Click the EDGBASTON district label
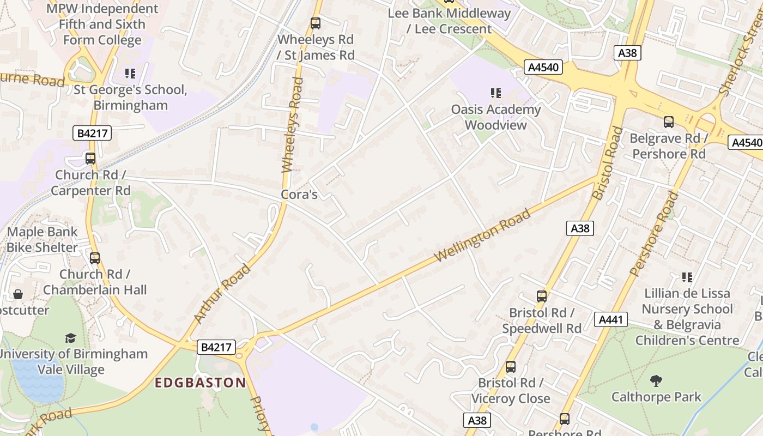click(x=200, y=383)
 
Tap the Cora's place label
click(x=299, y=195)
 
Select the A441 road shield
click(x=611, y=320)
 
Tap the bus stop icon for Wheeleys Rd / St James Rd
click(x=316, y=23)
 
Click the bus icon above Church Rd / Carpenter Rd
click(x=90, y=159)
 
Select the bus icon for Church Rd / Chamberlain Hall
click(x=95, y=258)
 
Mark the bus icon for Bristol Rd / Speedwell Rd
click(x=542, y=296)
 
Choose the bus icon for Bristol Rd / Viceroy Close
click(x=511, y=367)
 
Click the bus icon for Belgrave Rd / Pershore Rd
click(x=669, y=122)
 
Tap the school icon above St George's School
click(x=130, y=73)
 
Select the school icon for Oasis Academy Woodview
click(x=495, y=93)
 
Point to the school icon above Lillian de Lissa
click(x=687, y=277)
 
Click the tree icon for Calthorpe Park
click(x=656, y=380)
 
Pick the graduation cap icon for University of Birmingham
click(x=70, y=338)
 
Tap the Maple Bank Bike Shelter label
click(x=43, y=240)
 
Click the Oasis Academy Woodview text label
click(x=495, y=117)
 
